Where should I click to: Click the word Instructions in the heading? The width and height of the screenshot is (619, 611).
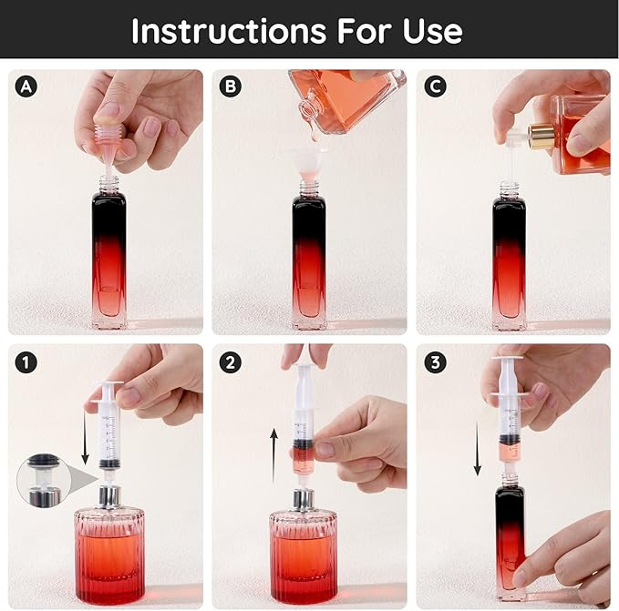click(x=229, y=31)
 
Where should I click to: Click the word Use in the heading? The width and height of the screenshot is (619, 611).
click(x=432, y=31)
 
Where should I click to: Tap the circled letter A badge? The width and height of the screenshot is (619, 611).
click(x=26, y=87)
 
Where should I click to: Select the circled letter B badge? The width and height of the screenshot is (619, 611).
click(x=230, y=87)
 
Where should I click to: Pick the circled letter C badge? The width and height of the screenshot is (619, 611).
click(x=435, y=87)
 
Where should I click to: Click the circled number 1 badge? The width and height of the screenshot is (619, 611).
click(x=26, y=362)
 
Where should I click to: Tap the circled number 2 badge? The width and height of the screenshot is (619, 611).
click(x=230, y=362)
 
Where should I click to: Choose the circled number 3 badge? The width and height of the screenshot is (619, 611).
click(x=435, y=362)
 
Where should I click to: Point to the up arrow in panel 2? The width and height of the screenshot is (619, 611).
click(x=274, y=456)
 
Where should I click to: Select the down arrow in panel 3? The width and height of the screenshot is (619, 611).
click(x=478, y=449)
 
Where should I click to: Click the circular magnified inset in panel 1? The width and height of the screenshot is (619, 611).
click(x=44, y=480)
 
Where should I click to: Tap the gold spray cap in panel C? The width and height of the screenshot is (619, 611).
click(x=540, y=136)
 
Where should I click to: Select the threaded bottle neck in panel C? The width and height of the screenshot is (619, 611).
click(x=510, y=190)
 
